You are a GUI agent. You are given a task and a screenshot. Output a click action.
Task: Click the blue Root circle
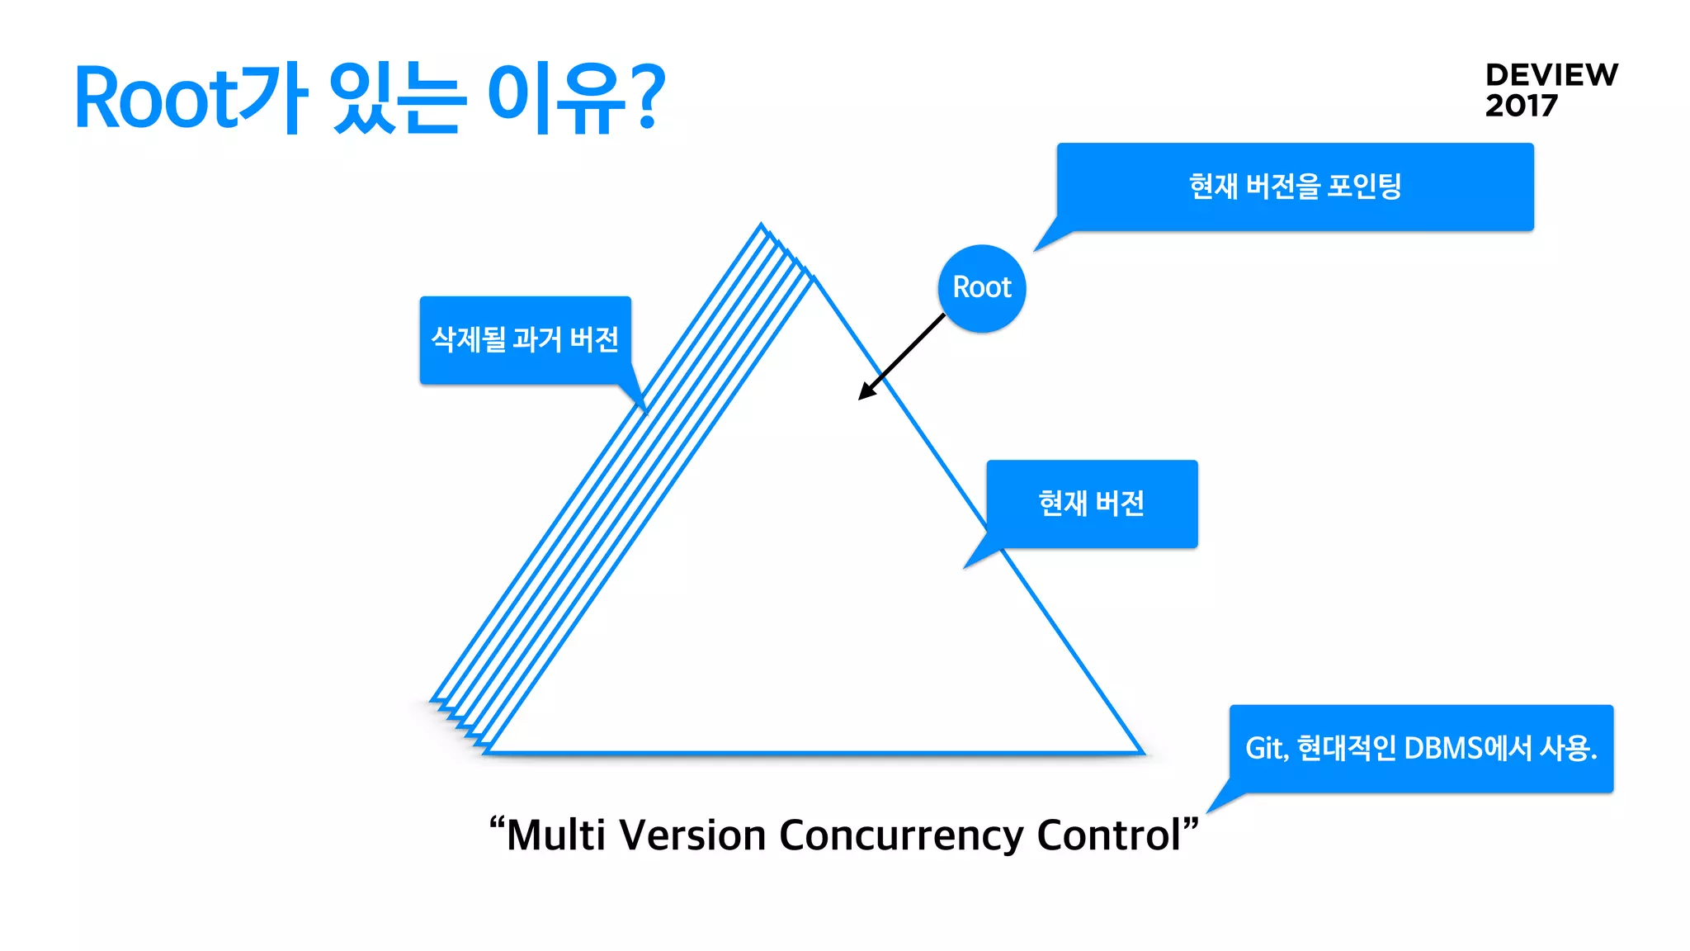(981, 288)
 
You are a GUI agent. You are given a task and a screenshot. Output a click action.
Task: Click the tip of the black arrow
(861, 398)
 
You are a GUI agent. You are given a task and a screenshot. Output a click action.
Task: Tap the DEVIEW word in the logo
(1551, 75)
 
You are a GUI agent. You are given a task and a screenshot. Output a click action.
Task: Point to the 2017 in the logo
(1521, 106)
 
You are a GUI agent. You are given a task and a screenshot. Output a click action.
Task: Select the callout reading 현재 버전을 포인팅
(1295, 187)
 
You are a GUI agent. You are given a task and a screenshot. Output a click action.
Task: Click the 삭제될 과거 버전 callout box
(525, 339)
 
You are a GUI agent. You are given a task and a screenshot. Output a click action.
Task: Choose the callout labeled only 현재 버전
(1091, 504)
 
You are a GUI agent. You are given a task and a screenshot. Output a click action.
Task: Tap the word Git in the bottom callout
(1264, 749)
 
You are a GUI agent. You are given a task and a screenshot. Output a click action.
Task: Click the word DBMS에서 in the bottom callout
(1467, 749)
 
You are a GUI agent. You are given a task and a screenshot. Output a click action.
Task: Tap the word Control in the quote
(1108, 835)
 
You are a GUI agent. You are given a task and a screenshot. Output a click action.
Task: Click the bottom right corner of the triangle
(1141, 751)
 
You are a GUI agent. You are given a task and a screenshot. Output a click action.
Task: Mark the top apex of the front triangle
(814, 281)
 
